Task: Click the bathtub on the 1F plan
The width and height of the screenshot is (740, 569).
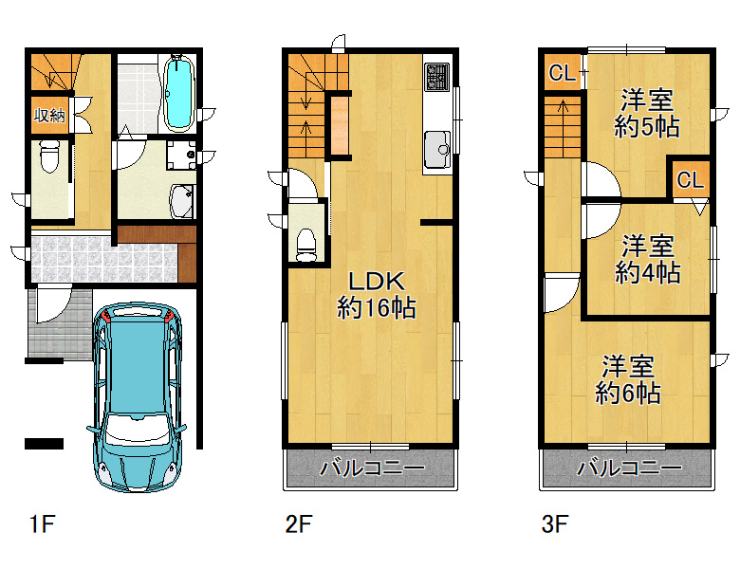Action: point(179,93)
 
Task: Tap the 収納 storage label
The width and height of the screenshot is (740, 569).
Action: point(49,115)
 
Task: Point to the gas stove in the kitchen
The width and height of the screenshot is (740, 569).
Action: point(437,77)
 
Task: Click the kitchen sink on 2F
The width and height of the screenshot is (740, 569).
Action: point(437,150)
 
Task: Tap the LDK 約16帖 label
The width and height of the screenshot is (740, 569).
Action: point(376,295)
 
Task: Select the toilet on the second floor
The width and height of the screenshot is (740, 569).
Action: point(306,245)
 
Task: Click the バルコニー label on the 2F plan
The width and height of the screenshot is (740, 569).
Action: point(372,468)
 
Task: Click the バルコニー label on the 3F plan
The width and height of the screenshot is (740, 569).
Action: point(629,468)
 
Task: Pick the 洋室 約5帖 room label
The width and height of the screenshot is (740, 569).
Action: point(646,113)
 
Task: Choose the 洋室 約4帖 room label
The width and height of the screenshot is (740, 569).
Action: point(647,259)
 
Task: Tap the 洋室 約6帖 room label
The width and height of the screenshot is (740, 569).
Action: point(627,379)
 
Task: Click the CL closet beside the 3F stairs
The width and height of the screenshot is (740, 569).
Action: point(562,73)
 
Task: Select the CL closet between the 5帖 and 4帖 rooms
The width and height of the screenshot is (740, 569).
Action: point(691,180)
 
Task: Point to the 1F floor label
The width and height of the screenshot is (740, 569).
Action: point(43,523)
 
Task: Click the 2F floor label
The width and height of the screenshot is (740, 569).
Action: point(298,523)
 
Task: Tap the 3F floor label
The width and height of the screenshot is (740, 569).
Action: point(555,523)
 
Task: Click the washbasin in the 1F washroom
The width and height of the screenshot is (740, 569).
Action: point(181,201)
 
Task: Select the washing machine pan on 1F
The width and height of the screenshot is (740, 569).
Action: point(181,155)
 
